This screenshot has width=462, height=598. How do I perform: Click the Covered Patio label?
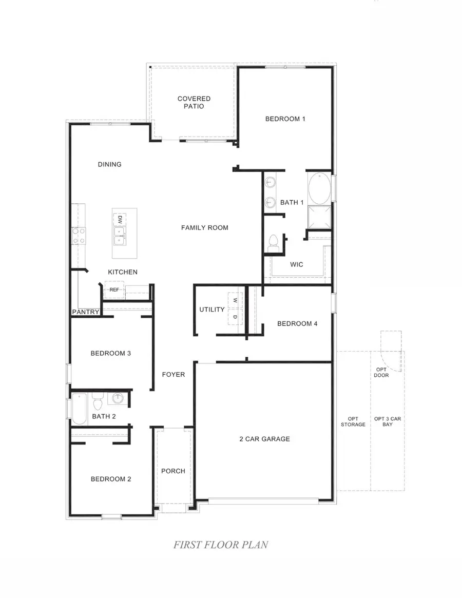pyautogui.click(x=194, y=102)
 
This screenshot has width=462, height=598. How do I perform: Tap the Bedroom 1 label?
pyautogui.click(x=285, y=119)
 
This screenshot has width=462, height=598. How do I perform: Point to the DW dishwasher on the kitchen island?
pyautogui.click(x=119, y=219)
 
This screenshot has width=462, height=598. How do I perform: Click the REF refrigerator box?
pyautogui.click(x=114, y=290)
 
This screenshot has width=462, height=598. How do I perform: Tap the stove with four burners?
pyautogui.click(x=79, y=236)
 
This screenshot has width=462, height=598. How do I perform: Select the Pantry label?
pyautogui.click(x=85, y=312)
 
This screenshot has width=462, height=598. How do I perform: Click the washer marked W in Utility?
pyautogui.click(x=235, y=300)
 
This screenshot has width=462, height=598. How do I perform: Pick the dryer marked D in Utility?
pyautogui.click(x=235, y=317)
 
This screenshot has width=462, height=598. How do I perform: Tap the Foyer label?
pyautogui.click(x=174, y=375)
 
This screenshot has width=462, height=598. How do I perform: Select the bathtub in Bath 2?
pyautogui.click(x=79, y=408)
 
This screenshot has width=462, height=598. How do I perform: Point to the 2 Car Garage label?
pyautogui.click(x=264, y=439)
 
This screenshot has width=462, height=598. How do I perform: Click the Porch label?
pyautogui.click(x=173, y=471)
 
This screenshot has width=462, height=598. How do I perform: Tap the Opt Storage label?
pyautogui.click(x=353, y=421)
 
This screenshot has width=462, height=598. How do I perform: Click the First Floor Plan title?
pyautogui.click(x=220, y=545)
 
